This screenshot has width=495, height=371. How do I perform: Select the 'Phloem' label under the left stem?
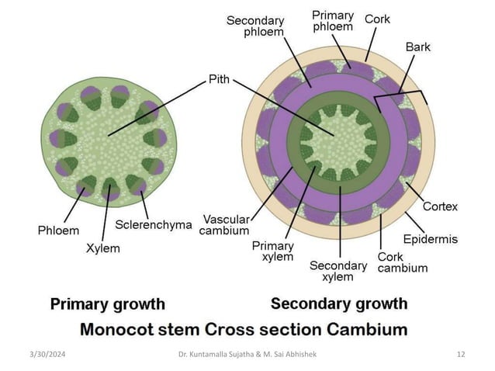58,231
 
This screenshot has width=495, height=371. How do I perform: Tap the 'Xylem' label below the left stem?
103,248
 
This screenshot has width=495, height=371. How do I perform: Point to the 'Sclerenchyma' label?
154,225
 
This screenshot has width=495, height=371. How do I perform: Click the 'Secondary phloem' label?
254,26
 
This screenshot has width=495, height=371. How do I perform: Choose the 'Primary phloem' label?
332,20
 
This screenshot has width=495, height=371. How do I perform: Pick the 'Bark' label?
417,47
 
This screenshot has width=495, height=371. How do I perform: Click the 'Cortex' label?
440,206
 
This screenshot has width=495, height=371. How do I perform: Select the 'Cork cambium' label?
402,262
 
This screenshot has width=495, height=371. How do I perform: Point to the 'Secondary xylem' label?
338,271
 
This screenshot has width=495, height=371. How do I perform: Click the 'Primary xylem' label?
273,251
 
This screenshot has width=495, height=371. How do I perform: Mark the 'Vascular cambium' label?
226,224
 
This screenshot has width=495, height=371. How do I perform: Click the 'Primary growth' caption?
107,303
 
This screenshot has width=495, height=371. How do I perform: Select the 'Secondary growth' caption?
339,303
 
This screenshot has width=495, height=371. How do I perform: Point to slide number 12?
461,355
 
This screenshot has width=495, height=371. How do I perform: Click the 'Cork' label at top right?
377,19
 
